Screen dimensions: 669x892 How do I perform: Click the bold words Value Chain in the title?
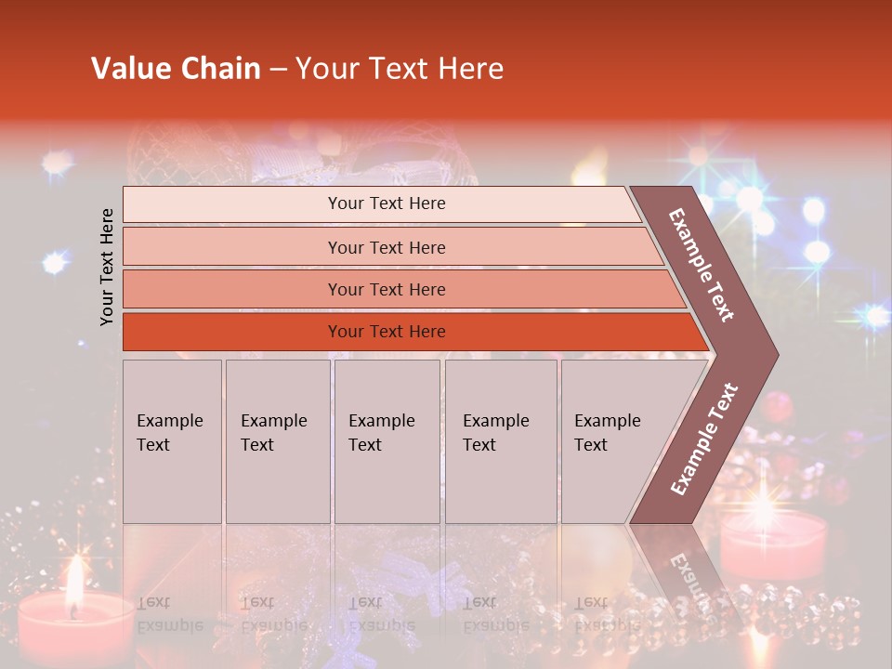coord(176,69)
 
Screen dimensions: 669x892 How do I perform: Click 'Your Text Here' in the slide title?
coord(400,69)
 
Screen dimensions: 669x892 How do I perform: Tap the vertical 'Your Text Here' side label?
coord(107,267)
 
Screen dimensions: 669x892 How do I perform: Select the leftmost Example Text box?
coord(172,441)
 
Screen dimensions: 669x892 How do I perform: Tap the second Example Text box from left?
coord(277,441)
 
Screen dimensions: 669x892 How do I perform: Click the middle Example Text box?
coord(387,441)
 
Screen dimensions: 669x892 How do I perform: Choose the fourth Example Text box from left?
coord(500,441)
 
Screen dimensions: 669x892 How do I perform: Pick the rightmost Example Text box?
coord(613,441)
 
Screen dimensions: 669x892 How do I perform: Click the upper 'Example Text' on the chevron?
coord(702,265)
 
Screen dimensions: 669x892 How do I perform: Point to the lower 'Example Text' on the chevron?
coord(704,439)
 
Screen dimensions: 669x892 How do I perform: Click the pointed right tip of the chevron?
coord(773,354)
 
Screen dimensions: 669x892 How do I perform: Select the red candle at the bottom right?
coord(773,548)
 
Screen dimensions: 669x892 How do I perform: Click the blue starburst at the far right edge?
coord(872,317)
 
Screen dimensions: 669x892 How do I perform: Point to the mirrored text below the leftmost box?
coord(169,613)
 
